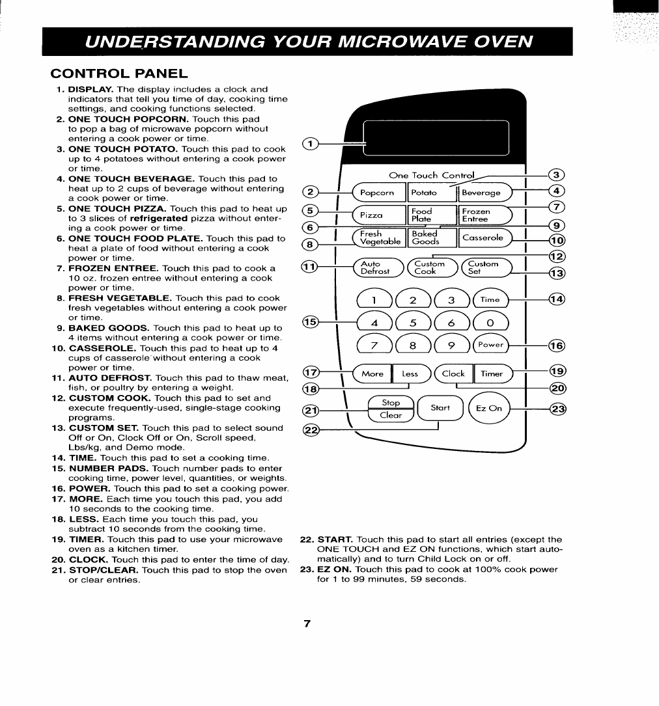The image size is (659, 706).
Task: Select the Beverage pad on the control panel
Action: coord(484,193)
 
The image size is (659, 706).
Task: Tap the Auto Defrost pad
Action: coord(376,267)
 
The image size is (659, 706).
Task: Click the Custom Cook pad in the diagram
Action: coord(430,267)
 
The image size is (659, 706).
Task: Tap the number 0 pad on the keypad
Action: coord(489,323)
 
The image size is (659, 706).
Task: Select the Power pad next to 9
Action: coord(489,346)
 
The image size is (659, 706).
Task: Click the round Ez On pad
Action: coord(490,409)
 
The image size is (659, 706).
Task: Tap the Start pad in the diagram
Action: coord(440,409)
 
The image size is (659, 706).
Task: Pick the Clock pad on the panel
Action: coord(454,374)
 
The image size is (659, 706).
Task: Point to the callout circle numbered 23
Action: coord(557,409)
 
